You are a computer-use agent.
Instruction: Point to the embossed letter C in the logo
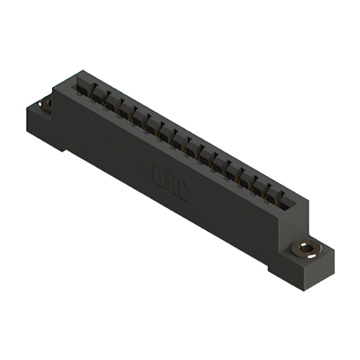pyautogui.click(x=183, y=193)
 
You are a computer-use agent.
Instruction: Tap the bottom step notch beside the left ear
pyautogui.click(x=66, y=148)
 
